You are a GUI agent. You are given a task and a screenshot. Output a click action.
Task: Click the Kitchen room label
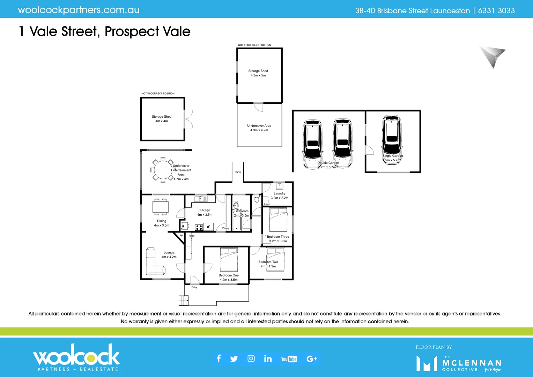(205, 210)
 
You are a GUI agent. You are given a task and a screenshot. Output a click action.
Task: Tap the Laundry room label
(280, 193)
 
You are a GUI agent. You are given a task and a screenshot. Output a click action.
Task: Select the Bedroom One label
(229, 275)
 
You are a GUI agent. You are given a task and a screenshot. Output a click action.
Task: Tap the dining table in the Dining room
(161, 207)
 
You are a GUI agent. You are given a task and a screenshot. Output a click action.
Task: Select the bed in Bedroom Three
(278, 220)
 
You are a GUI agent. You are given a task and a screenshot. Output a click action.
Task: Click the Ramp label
(238, 172)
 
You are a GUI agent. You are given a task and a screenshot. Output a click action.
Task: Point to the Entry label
(194, 287)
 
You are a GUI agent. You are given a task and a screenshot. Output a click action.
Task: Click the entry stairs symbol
(184, 301)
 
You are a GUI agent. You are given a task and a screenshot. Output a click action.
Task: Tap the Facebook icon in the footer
(219, 358)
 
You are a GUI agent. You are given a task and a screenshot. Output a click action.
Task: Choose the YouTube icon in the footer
(289, 359)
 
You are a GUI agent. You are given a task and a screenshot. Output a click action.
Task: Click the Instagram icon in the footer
(251, 358)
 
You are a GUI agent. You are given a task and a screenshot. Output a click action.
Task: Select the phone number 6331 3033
(496, 11)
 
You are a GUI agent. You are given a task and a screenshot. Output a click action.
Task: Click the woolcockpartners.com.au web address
(79, 10)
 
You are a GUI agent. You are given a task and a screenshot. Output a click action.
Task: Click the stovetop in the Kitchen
(199, 228)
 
